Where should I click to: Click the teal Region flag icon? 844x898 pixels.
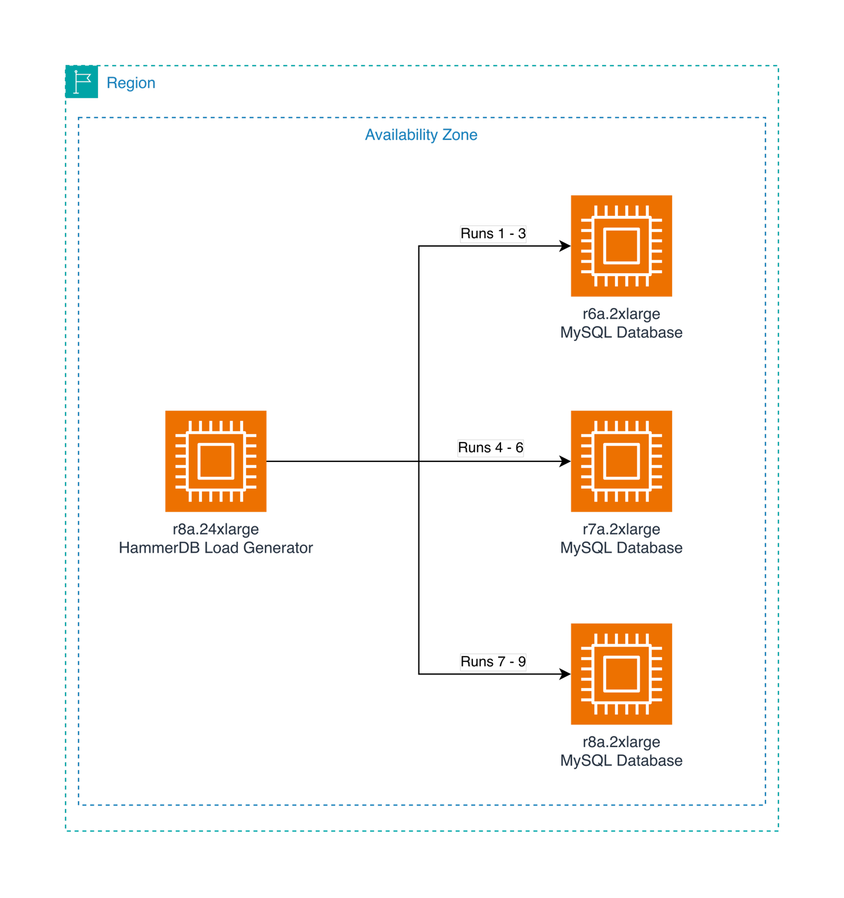tap(82, 83)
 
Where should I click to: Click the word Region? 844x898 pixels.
tap(131, 83)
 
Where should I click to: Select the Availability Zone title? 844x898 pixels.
tap(421, 135)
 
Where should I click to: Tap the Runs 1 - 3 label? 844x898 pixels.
tap(493, 234)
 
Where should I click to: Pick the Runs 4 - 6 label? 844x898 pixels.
tap(490, 448)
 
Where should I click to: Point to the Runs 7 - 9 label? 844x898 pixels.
tap(493, 662)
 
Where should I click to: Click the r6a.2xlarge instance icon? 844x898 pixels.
tap(621, 245)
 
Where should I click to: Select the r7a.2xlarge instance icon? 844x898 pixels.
tap(621, 461)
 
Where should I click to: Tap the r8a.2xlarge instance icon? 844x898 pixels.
tap(621, 674)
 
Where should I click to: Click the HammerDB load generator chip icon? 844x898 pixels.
tap(215, 461)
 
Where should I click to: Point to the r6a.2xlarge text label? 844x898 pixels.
tap(621, 314)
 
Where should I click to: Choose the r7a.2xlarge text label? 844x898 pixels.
tap(621, 529)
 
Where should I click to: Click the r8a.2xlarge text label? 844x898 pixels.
tap(621, 742)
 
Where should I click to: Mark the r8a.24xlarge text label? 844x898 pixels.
tap(215, 529)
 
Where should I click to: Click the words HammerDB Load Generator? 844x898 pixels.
tap(215, 548)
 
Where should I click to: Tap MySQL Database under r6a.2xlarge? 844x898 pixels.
tap(621, 333)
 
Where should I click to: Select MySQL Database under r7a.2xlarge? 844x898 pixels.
tap(621, 548)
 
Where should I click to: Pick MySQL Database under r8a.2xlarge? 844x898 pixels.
tap(621, 761)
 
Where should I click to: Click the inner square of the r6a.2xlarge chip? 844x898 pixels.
tap(621, 245)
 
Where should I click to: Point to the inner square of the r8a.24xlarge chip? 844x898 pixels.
tap(215, 461)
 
